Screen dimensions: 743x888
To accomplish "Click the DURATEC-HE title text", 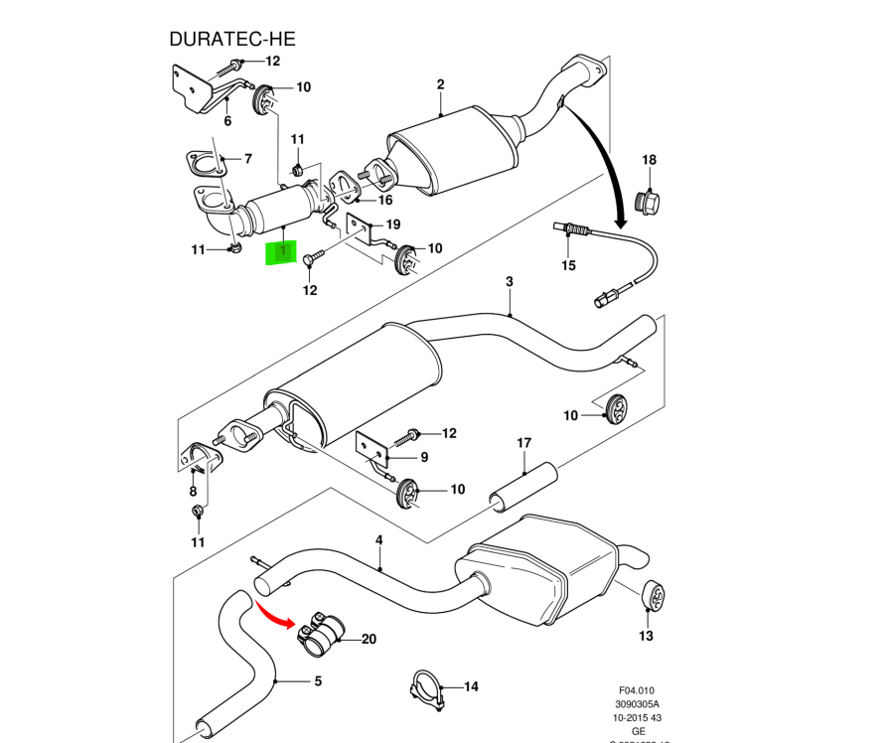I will click(x=232, y=40).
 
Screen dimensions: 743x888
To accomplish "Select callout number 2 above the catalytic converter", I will click(x=440, y=85).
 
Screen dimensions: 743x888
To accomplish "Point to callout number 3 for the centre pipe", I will click(x=509, y=282).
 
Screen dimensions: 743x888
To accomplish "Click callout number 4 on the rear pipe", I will click(x=378, y=540).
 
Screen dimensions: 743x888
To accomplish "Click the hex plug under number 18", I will click(x=651, y=201).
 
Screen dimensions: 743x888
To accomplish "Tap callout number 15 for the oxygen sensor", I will click(x=568, y=265).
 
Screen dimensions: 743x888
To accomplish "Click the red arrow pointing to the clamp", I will click(x=275, y=614).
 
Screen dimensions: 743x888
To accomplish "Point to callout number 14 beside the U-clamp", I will click(x=470, y=686).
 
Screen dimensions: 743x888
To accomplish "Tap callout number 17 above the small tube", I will click(x=523, y=443).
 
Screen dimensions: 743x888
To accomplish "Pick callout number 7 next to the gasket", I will click(x=248, y=159).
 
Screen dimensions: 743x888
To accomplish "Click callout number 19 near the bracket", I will click(x=392, y=224).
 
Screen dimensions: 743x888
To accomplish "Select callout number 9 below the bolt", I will click(x=424, y=458).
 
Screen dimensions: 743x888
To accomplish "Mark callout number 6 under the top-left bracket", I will click(x=227, y=121).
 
